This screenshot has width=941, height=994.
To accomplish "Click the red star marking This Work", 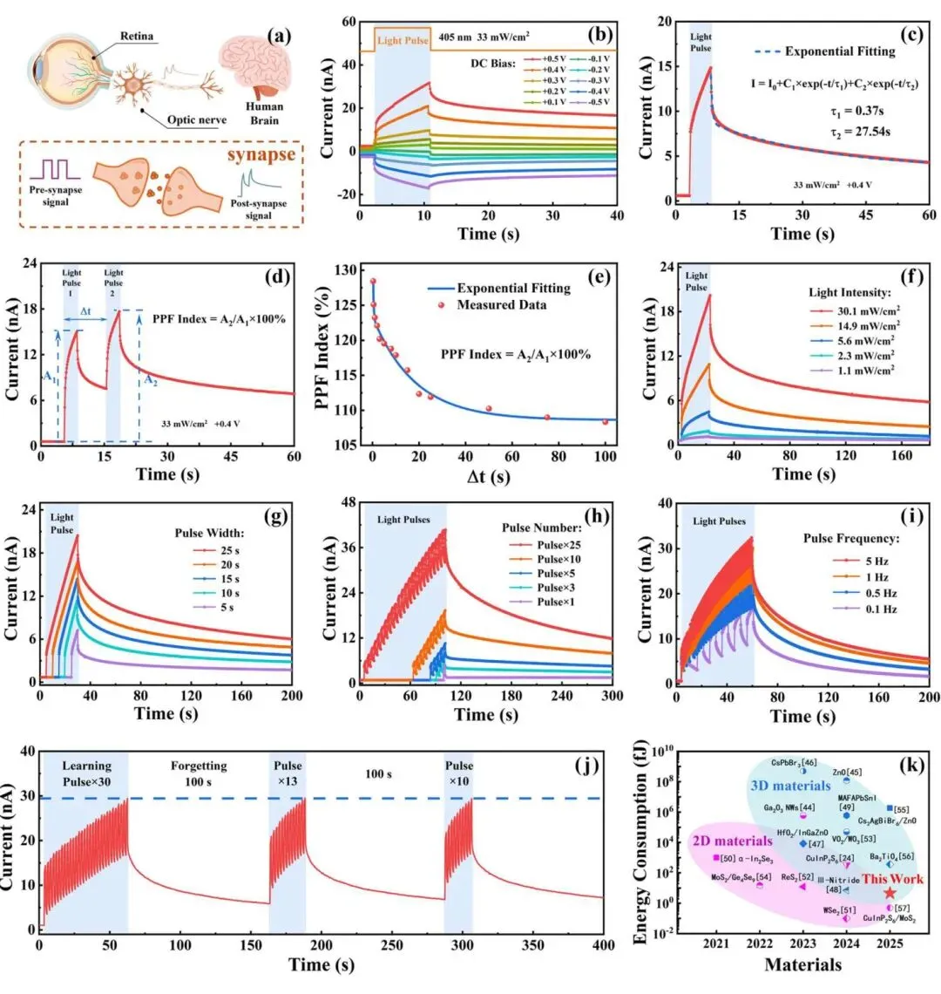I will tap(890, 893).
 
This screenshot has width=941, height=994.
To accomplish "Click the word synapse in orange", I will tap(261, 154).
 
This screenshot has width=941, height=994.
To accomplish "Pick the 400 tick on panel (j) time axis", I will tap(603, 946).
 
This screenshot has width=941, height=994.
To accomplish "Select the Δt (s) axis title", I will tap(488, 477).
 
